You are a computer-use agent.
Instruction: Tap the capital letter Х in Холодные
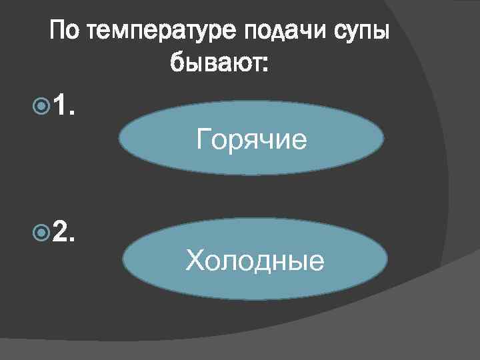click(195, 260)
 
